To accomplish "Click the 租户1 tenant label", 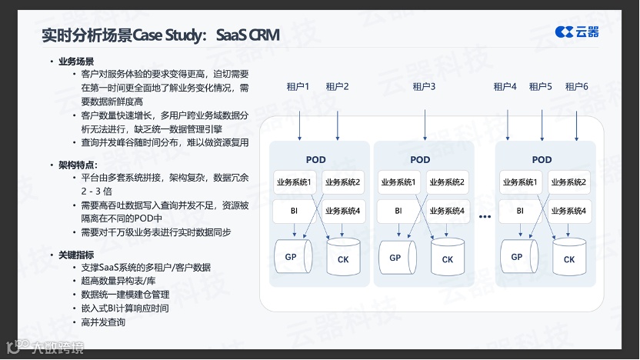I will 298,87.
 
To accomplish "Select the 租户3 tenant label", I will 423,87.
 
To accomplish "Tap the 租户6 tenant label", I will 576,87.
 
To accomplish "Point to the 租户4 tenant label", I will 505,87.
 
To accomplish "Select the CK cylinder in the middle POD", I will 447,259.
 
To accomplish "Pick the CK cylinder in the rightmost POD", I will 568,259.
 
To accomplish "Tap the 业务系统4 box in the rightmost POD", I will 568,210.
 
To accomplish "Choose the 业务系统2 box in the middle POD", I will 447,182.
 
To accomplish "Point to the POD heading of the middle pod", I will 420,160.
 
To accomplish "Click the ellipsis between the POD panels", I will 485,217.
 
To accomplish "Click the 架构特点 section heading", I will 77,165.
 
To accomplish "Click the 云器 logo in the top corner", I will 577,32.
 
